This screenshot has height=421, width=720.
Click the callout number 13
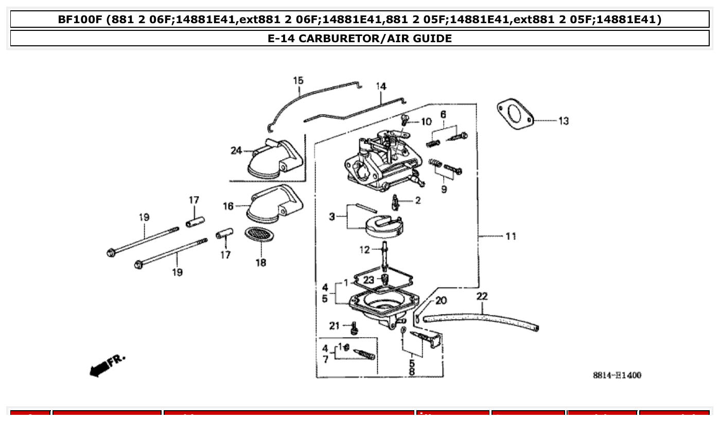point(564,121)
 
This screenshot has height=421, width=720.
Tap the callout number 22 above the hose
point(482,296)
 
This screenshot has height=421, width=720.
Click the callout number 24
point(236,151)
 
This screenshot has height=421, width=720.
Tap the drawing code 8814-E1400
point(617,376)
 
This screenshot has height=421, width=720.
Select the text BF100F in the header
point(79,20)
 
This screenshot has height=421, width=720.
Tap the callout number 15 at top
point(298,81)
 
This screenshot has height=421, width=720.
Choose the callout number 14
point(380,86)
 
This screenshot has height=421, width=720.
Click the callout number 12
point(364,250)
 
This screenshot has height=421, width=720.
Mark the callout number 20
point(441,301)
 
